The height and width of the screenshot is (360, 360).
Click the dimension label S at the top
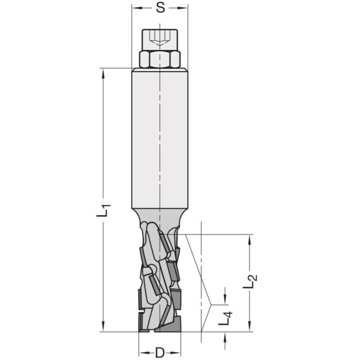[x=160, y=8]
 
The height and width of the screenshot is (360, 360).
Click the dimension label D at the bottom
[x=160, y=352]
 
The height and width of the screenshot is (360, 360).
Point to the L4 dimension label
[x=225, y=317]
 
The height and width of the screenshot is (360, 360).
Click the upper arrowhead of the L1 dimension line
[x=103, y=72]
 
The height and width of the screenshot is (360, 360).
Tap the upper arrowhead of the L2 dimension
[x=250, y=239]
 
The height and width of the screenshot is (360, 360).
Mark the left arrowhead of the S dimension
[x=135, y=8]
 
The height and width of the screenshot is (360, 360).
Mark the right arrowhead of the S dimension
[x=185, y=8]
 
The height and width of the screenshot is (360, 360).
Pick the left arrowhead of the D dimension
[x=143, y=352]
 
